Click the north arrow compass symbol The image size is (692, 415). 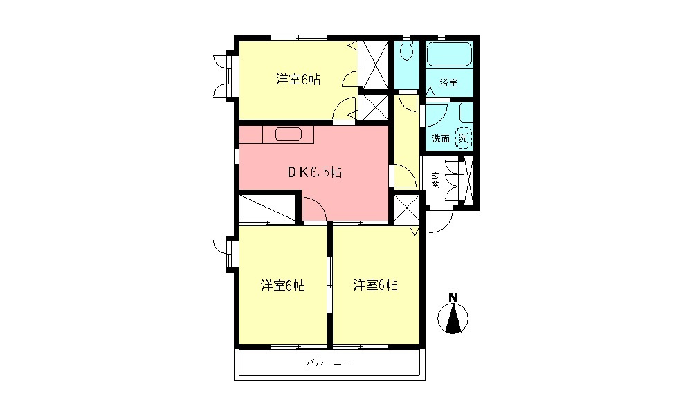453,319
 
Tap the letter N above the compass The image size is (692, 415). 453,298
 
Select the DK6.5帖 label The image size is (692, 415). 314,173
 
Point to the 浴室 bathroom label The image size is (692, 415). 448,83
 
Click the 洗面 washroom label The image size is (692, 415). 441,138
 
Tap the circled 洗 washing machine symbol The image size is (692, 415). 464,138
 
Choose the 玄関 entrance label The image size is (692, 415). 436,181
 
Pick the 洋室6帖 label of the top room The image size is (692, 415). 298,80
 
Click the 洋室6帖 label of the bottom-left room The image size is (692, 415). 283,285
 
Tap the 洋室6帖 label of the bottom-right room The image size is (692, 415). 375,285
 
